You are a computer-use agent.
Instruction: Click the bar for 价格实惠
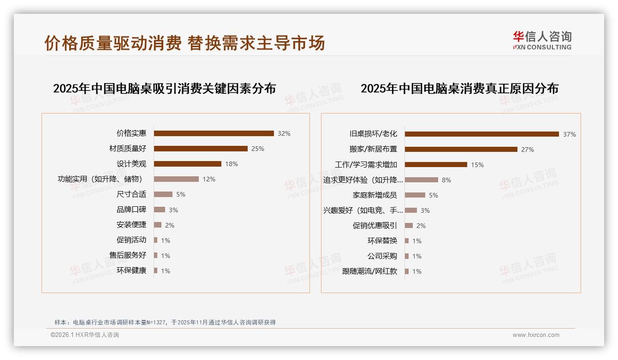point(214,133)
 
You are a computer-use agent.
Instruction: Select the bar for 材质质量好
point(201,149)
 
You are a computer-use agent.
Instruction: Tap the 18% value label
point(232,164)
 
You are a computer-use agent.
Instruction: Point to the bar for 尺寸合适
point(163,194)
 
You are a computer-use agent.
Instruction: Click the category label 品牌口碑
point(131,210)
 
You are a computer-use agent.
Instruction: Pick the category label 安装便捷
point(131,225)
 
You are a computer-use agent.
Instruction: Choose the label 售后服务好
point(128,255)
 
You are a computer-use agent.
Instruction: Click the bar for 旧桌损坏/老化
point(481,134)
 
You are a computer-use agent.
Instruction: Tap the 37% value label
point(569,134)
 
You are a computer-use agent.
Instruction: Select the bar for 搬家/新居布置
point(461,149)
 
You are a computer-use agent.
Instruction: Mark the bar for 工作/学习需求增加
point(436,164)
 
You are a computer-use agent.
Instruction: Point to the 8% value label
point(446,180)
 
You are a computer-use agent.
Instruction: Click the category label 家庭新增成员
point(374,195)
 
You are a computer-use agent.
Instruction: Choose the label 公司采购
point(382,256)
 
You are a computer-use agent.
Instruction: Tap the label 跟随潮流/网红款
point(369,271)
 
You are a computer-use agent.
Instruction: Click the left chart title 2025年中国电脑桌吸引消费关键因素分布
point(164,89)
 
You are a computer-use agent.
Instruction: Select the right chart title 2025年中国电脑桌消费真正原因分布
point(459,89)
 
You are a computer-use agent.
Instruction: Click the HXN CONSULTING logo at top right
point(542,41)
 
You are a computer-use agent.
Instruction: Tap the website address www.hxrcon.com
point(536,335)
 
